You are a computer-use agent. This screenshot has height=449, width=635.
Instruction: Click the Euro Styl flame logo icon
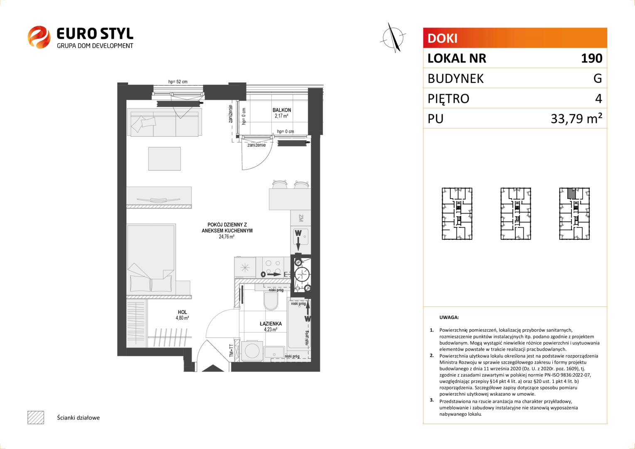click(x=39, y=37)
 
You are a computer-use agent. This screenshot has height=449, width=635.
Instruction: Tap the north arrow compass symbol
click(x=394, y=38)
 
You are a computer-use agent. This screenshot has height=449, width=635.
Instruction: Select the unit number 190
click(x=592, y=58)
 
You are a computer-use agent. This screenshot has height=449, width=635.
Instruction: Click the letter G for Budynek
click(x=598, y=78)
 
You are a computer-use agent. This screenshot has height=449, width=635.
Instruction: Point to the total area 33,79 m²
click(x=576, y=118)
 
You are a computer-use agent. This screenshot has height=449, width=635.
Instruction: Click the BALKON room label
click(x=281, y=110)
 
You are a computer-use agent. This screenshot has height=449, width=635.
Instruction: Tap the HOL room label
click(x=182, y=312)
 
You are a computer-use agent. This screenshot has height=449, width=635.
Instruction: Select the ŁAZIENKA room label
click(x=271, y=323)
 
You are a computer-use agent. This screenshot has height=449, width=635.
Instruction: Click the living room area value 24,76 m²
click(x=226, y=237)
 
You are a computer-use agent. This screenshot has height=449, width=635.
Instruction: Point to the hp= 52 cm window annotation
click(x=178, y=81)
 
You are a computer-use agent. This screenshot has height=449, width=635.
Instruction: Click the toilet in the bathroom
click(x=271, y=301)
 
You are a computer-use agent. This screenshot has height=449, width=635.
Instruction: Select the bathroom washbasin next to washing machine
click(x=274, y=353)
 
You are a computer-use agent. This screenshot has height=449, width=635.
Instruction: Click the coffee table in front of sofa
click(x=165, y=158)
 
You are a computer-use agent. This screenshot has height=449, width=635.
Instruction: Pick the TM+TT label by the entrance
click(x=231, y=351)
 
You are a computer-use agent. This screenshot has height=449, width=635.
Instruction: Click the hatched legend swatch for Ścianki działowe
click(x=36, y=417)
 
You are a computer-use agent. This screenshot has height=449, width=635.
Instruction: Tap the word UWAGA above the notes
click(x=449, y=317)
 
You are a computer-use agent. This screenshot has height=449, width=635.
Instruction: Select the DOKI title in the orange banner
click(x=442, y=38)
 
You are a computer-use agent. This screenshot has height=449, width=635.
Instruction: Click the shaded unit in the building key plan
click(x=571, y=194)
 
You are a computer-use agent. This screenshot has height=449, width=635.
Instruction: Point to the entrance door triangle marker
click(x=213, y=368)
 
